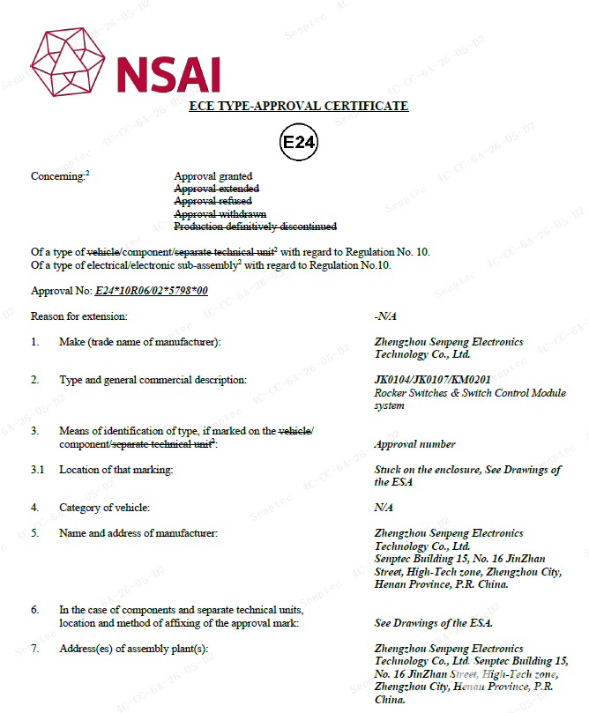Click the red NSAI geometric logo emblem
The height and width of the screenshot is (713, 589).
(67, 63)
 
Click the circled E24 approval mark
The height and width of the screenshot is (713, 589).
(298, 142)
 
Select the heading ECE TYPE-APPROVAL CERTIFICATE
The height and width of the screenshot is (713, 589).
(299, 106)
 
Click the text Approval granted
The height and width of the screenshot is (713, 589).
(212, 176)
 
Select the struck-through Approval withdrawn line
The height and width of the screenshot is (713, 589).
(220, 214)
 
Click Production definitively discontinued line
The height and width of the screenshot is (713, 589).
(255, 227)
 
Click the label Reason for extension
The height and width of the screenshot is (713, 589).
(79, 316)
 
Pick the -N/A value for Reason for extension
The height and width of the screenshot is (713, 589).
(384, 316)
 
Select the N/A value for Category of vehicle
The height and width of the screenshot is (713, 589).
(385, 507)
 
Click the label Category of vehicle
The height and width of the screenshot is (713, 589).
(104, 507)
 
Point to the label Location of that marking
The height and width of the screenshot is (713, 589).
(116, 470)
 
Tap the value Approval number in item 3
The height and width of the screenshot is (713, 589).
(414, 444)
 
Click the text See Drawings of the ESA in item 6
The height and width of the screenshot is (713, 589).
(433, 623)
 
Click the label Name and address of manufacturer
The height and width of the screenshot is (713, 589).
(138, 533)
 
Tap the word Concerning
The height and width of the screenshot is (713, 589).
(57, 176)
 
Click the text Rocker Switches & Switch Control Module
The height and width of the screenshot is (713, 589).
(470, 393)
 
